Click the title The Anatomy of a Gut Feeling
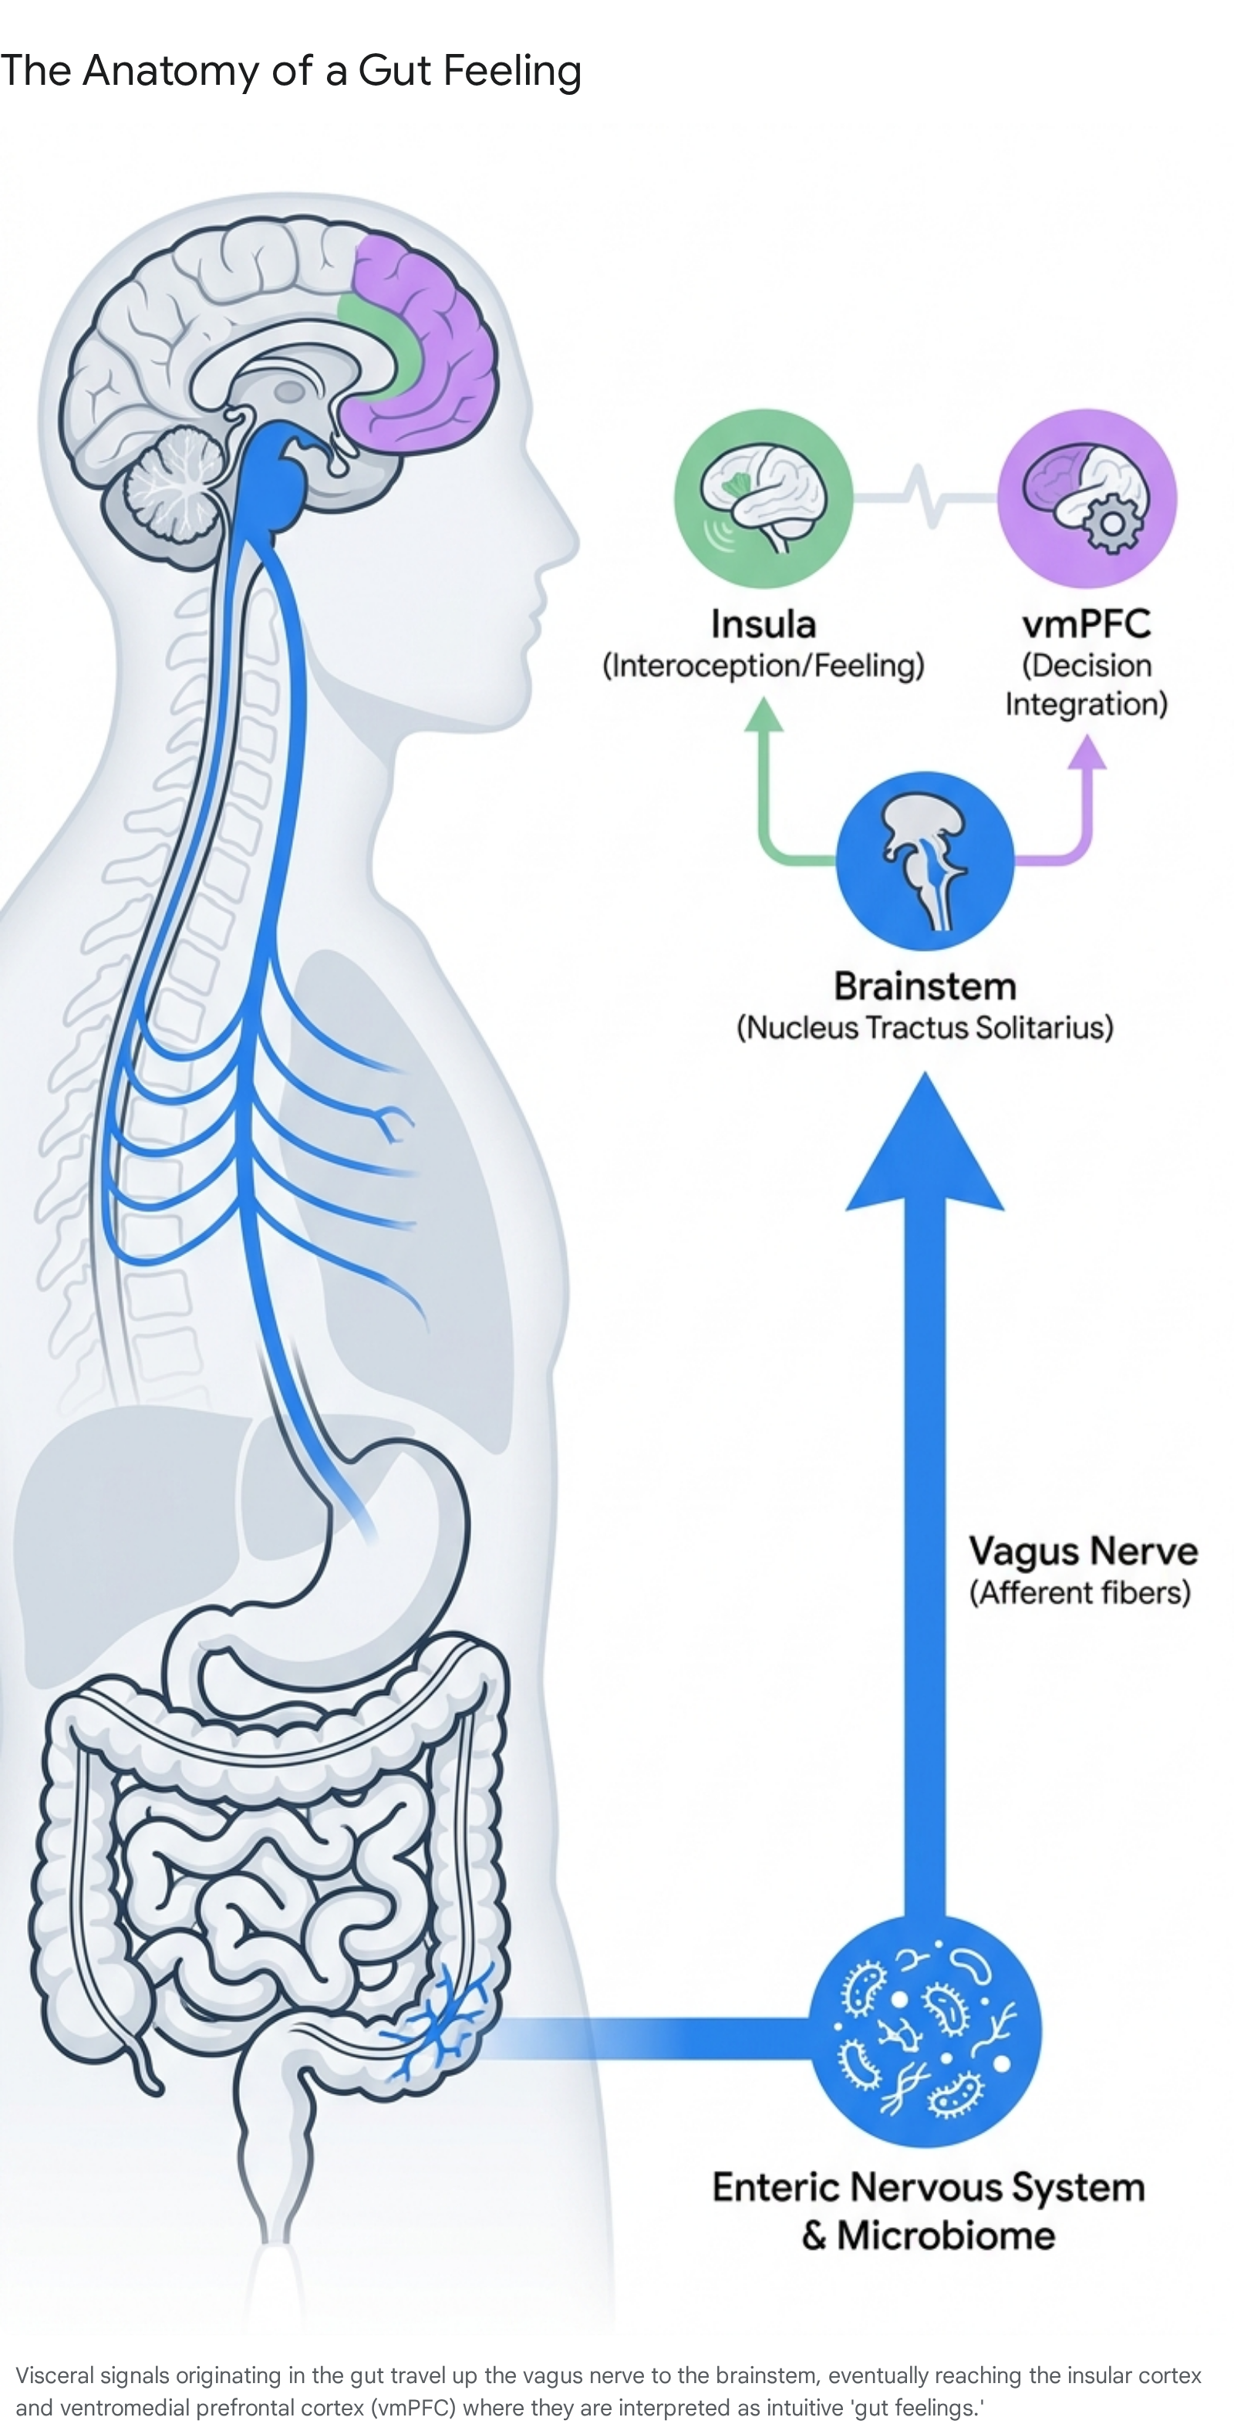pyautogui.click(x=290, y=71)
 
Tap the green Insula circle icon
pyautogui.click(x=764, y=498)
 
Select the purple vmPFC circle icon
pyautogui.click(x=1087, y=498)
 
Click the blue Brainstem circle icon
pyautogui.click(x=925, y=861)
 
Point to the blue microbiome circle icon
pyautogui.click(x=926, y=2031)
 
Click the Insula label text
pyautogui.click(x=764, y=625)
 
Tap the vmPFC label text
pyautogui.click(x=1087, y=625)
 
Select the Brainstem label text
pyautogui.click(x=925, y=986)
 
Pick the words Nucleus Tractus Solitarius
pyautogui.click(x=925, y=1027)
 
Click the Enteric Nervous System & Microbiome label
pyautogui.click(x=928, y=2211)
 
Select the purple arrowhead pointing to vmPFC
pyautogui.click(x=1087, y=752)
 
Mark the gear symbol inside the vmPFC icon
pyautogui.click(x=1112, y=523)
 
